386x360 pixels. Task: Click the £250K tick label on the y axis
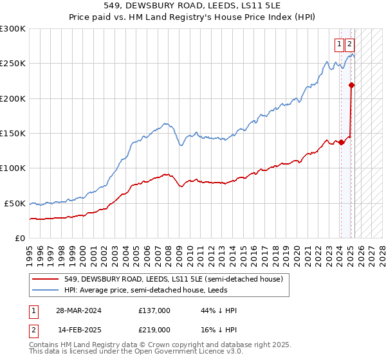click(x=13, y=64)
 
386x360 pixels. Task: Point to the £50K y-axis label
click(x=15, y=203)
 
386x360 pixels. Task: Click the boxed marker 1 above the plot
click(x=339, y=44)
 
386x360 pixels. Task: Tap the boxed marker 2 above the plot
click(x=349, y=44)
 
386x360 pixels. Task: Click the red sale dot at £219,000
click(x=351, y=85)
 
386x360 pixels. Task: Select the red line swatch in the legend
click(x=46, y=279)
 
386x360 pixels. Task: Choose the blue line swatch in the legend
click(x=46, y=290)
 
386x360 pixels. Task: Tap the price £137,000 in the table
click(x=154, y=310)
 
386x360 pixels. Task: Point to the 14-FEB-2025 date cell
click(x=78, y=329)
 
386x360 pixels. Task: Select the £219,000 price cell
click(x=154, y=329)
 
